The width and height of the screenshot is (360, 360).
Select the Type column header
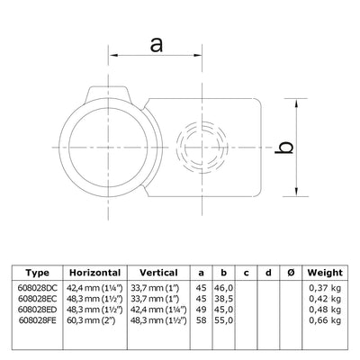[x=38, y=273]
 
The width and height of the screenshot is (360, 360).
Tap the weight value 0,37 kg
[x=324, y=288]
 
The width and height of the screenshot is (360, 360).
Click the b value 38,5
[x=222, y=298]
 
